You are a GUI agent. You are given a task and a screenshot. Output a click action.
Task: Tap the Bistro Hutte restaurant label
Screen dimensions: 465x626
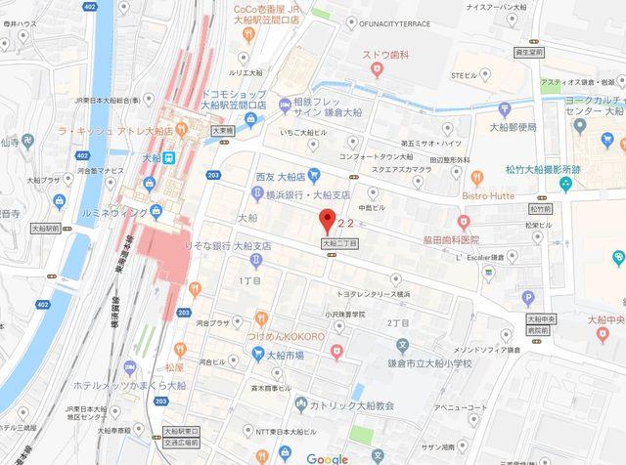pos(502,195)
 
